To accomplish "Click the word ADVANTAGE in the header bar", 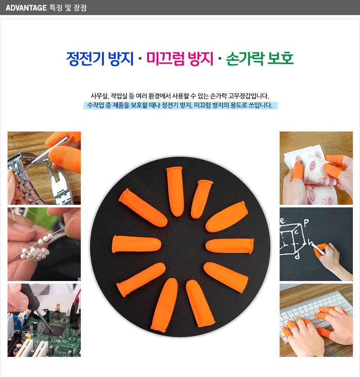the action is point(26,8).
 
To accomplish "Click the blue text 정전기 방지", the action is point(100,59).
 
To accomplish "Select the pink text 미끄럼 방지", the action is point(180,59).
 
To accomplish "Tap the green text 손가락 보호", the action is point(260,59).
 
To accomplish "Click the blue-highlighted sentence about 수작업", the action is point(180,105).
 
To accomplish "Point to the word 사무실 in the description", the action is point(100,96).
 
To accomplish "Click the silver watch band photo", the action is point(44,168).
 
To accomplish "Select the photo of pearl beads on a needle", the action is point(44,244).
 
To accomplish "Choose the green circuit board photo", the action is point(44,320).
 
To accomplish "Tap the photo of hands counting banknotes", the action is point(316,168).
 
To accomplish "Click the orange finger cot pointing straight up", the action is point(175,191).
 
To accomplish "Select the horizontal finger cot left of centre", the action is point(136,244).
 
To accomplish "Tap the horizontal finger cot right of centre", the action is point(230,245).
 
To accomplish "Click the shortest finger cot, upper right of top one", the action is point(201,199).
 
